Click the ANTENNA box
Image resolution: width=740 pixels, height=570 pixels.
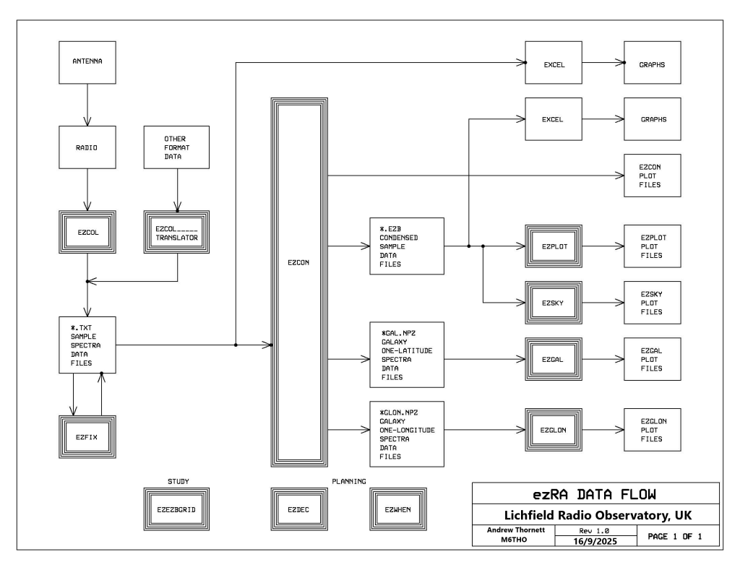[x=87, y=61]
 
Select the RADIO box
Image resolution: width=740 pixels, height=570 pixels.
[x=87, y=148]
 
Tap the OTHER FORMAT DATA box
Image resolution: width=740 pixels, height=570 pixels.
[x=178, y=148]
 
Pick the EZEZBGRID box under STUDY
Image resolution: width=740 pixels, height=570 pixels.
[x=177, y=509]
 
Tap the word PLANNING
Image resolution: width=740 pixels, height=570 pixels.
[x=344, y=480]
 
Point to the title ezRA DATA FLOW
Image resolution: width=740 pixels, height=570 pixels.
[x=595, y=494]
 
